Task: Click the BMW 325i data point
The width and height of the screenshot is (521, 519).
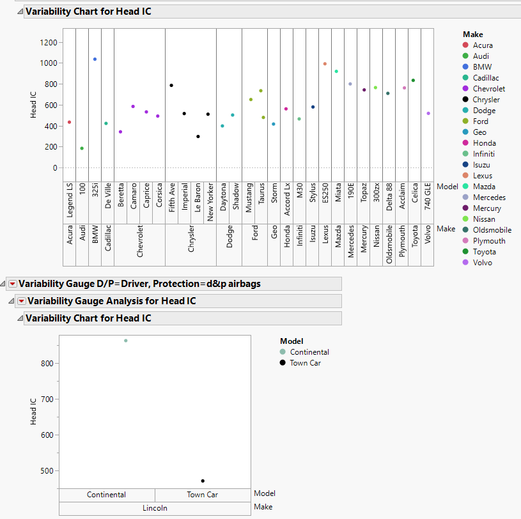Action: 95,59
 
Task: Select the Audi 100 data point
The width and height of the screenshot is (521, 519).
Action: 82,148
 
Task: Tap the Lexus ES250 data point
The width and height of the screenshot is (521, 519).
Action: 325,64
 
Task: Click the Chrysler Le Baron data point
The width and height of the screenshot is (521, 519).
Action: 198,136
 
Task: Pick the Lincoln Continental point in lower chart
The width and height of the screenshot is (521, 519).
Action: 125,341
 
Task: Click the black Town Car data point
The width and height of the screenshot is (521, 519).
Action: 203,481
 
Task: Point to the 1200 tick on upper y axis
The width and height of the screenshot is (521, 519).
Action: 49,42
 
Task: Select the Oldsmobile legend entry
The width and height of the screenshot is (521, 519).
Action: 492,230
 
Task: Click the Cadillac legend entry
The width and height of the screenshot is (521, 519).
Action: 487,78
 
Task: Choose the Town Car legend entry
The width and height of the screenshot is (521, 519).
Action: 305,363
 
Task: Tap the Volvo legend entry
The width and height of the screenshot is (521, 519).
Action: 483,263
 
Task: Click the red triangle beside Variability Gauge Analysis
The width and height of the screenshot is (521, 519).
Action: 21,301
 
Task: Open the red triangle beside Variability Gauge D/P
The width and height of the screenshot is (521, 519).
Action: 12,284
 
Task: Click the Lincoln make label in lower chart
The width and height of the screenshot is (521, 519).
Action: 155,508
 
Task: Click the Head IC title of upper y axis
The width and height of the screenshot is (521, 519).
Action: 33,105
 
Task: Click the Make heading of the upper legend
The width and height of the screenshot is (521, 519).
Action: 472,35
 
